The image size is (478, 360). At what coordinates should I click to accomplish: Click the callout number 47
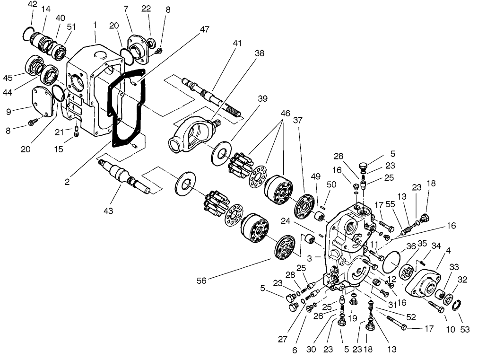(x=204, y=30)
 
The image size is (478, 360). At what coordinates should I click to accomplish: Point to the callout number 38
(x=259, y=54)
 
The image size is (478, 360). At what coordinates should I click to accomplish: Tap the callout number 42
(x=32, y=4)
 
